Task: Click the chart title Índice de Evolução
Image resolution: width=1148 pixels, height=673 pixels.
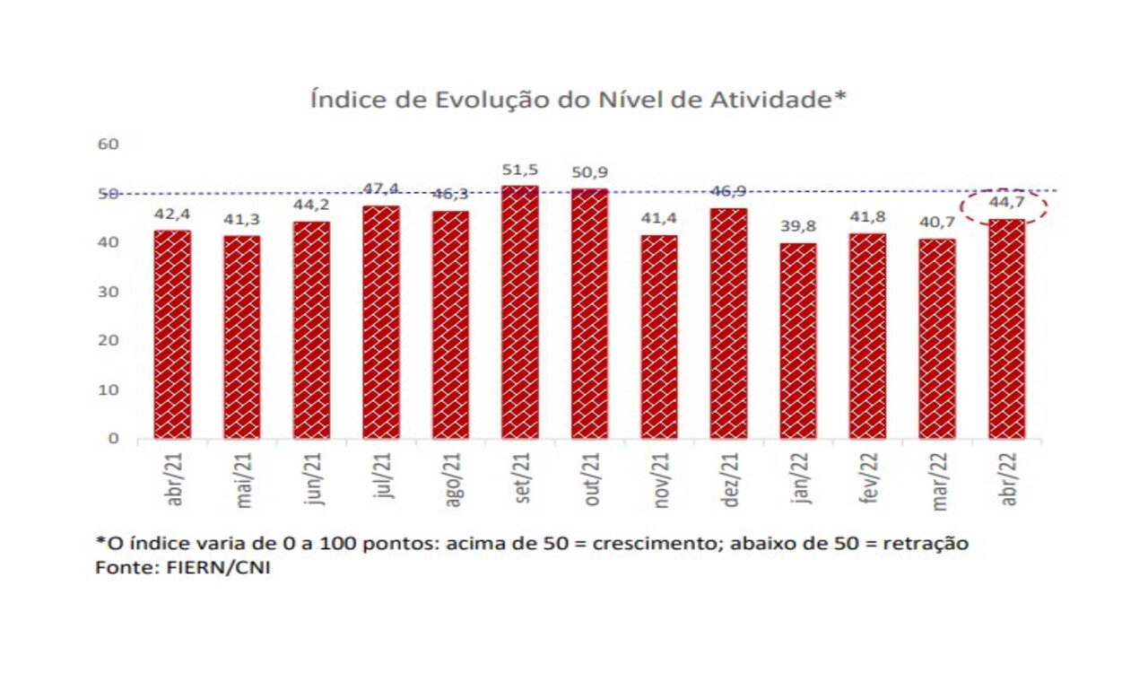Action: [578, 100]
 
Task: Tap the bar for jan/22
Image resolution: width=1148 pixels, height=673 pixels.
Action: [798, 341]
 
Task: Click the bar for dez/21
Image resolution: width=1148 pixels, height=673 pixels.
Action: [728, 323]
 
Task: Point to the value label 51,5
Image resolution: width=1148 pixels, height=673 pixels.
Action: [520, 170]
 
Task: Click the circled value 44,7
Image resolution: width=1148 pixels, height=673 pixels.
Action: [1005, 205]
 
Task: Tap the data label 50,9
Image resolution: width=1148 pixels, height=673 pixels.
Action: [589, 173]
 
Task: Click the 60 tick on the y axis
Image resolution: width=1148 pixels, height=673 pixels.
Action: [109, 144]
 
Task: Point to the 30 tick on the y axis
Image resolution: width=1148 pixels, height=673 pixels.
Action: [109, 292]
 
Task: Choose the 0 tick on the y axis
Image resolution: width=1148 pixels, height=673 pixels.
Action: [114, 439]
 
